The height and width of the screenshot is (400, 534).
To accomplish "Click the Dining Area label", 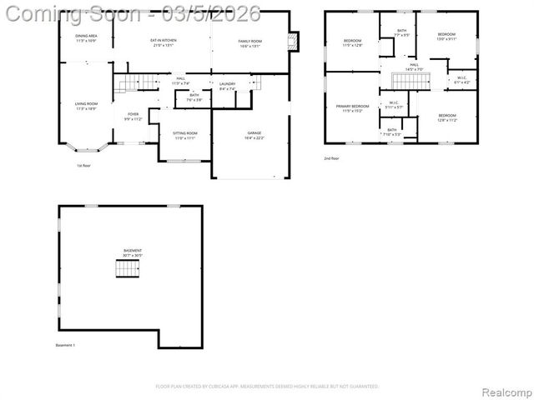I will tap(87, 38).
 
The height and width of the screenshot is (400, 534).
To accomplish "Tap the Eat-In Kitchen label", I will tap(163, 42).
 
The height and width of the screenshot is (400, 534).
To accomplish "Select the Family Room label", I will tap(249, 42).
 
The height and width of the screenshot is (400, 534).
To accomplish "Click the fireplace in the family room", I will tap(292, 42).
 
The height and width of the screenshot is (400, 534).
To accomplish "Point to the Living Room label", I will tap(86, 106).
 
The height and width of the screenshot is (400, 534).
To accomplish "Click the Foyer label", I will tap(133, 117).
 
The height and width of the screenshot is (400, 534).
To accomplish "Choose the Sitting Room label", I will tap(184, 135).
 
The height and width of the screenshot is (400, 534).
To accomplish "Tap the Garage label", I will tap(254, 135).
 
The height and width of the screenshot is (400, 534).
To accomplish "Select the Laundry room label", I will tap(227, 86).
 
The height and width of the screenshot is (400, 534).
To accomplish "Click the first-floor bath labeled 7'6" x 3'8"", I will tap(194, 97).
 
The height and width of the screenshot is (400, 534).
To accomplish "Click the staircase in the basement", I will tap(128, 268).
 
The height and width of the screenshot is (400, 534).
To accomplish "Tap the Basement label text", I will tap(133, 252).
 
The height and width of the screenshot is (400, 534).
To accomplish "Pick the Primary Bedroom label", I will tap(352, 108).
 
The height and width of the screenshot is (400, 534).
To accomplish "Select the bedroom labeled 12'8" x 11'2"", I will tap(446, 117).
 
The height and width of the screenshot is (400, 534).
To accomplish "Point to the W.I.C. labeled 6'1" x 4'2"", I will tap(461, 81).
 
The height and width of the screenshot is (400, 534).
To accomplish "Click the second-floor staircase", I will tap(410, 81).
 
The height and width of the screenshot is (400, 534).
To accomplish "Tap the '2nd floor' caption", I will tap(331, 157).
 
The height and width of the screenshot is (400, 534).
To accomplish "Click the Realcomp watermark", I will tap(504, 387).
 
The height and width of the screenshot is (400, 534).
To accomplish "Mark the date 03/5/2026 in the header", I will tap(214, 14).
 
